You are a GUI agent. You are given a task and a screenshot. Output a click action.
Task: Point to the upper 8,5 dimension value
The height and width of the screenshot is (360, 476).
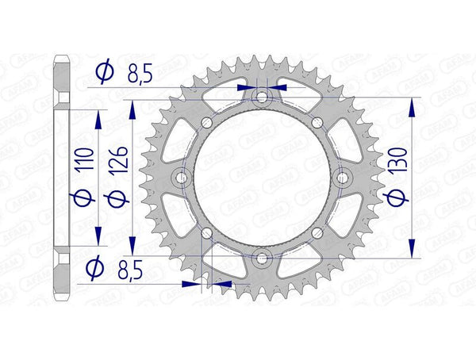click(142, 75)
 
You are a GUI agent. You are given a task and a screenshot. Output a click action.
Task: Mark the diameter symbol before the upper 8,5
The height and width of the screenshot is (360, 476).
click(104, 74)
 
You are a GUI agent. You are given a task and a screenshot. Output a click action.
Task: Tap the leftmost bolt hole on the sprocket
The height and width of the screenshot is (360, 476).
click(182, 178)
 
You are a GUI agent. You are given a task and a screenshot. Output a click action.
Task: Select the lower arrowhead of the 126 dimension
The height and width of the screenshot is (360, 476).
click(134, 251)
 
